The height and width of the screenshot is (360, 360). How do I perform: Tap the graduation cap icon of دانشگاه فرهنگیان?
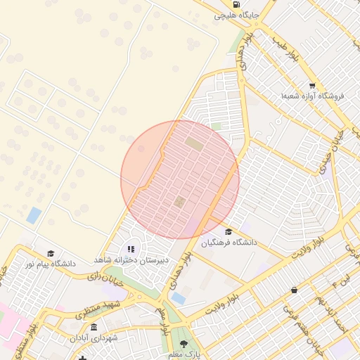point(228,232)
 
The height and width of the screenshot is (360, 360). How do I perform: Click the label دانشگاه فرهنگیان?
point(229,243)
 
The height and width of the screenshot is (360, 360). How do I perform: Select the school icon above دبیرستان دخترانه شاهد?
point(131,249)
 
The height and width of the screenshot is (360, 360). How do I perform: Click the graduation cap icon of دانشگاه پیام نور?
point(50,253)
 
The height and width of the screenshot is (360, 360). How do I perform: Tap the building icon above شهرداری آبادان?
point(94,327)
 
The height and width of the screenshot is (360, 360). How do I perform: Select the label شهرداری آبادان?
point(94,338)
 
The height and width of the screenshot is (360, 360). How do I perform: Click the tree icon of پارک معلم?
point(184,344)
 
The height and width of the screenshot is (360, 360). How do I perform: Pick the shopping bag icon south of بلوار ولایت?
point(293,289)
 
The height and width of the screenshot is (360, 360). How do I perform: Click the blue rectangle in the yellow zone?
point(34,215)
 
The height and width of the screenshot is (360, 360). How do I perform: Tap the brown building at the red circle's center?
point(179,202)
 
